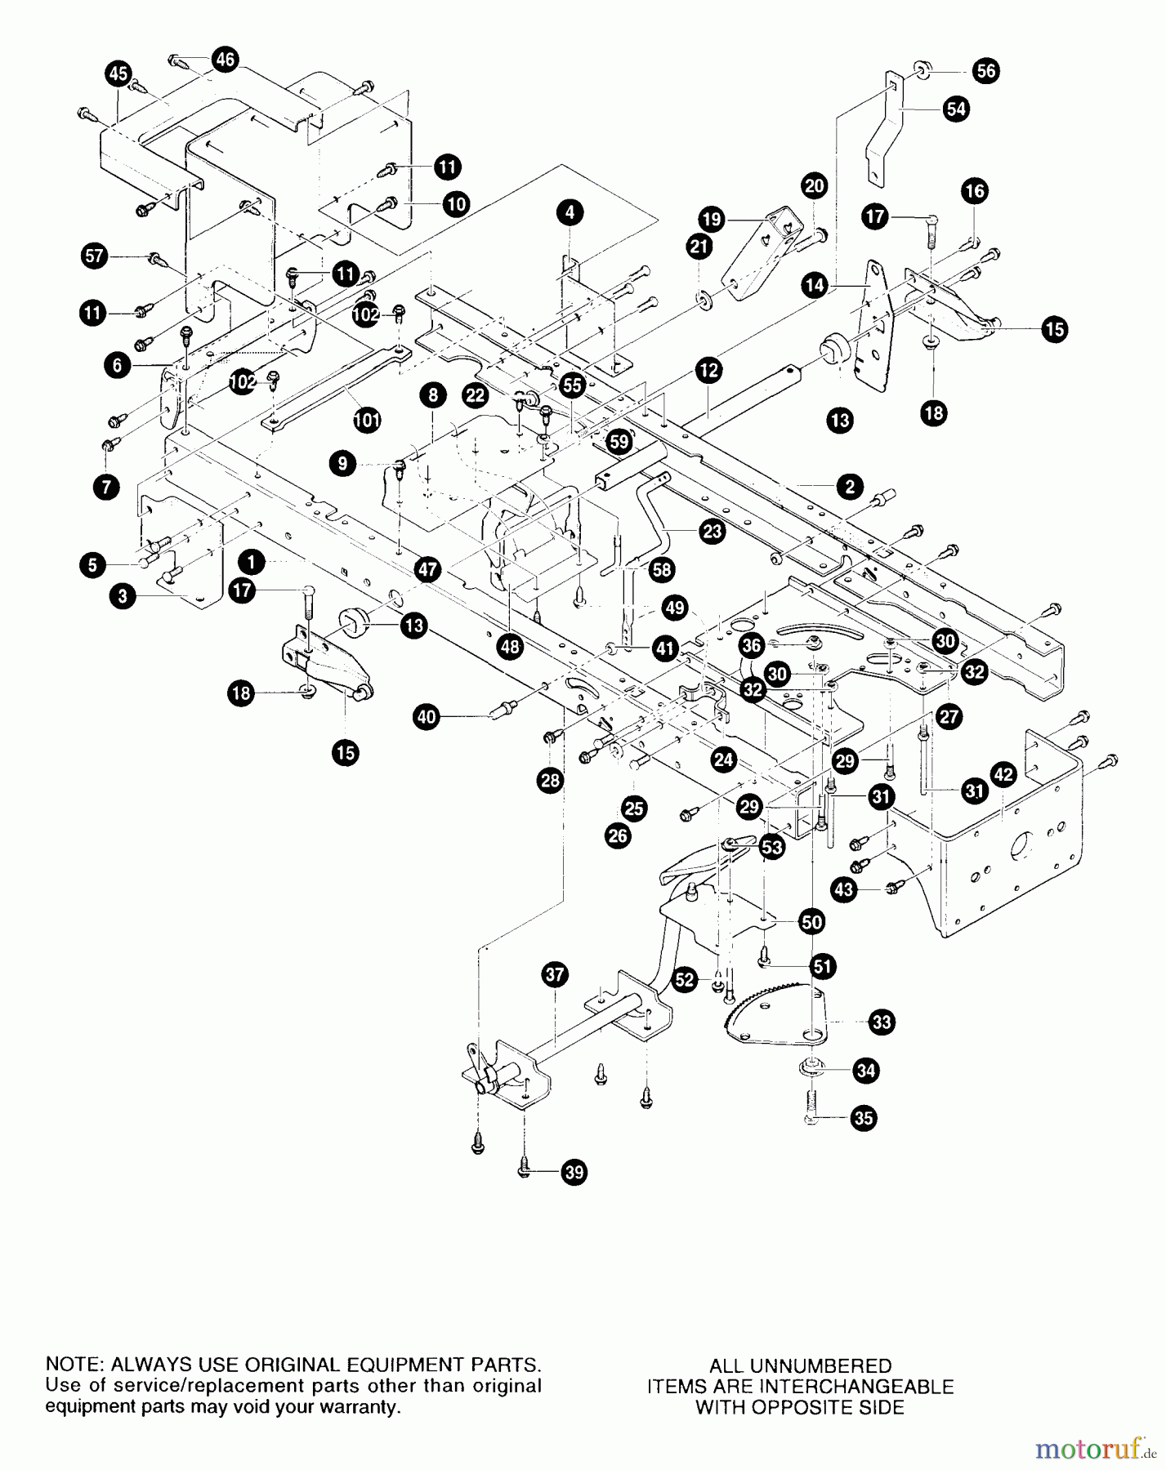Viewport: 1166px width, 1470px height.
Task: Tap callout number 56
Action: (986, 71)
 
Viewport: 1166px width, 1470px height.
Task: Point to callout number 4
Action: (570, 213)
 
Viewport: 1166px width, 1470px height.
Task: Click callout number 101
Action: (367, 421)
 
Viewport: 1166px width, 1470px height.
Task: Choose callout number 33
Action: (882, 1022)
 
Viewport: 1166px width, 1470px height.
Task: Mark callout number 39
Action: (574, 1173)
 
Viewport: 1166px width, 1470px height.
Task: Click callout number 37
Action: (555, 974)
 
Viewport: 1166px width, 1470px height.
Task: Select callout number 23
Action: (713, 531)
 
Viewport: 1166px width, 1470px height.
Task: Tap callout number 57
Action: (95, 256)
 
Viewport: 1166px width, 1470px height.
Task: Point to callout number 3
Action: (123, 597)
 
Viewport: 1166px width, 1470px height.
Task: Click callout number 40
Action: (427, 718)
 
